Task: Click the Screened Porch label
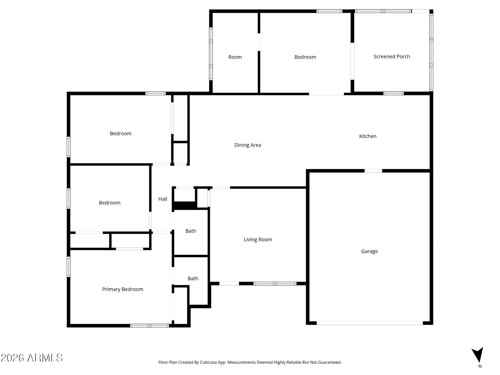coord(391,56)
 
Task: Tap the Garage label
coord(369,251)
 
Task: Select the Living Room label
coord(258,239)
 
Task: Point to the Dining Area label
coord(247,145)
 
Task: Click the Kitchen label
coord(367,136)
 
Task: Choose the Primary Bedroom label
coord(122,289)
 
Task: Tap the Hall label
coord(162,199)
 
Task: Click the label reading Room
coord(235,57)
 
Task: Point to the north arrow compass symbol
coord(478,355)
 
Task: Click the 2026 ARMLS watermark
coord(32,358)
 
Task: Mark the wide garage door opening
coord(369,323)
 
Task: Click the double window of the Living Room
coord(275,283)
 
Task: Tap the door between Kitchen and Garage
coord(373,171)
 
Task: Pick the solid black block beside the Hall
coord(184,205)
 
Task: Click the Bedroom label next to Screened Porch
coord(305,57)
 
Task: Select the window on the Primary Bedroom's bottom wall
coord(149,325)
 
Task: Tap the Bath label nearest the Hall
coord(191,231)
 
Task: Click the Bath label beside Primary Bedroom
coord(193,278)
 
